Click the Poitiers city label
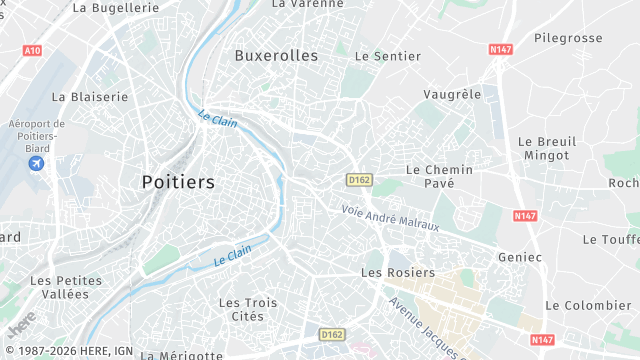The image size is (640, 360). click(x=178, y=182)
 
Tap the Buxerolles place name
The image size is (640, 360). click(x=276, y=56)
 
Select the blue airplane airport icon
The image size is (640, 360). click(x=37, y=163)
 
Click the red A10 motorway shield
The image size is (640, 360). click(x=32, y=50)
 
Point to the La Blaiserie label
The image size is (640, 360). click(x=90, y=97)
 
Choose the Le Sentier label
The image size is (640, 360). click(x=388, y=56)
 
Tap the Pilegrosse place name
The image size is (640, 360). click(x=568, y=38)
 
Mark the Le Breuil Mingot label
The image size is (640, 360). click(x=546, y=149)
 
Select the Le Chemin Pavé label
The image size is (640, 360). click(x=439, y=177)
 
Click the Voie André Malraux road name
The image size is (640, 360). click(x=390, y=217)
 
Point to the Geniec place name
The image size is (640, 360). click(x=520, y=257)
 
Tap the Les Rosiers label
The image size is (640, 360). click(x=398, y=272)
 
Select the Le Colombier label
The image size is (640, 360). click(x=588, y=305)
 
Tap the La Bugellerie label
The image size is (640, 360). click(x=116, y=7)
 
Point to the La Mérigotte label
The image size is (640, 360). click(x=182, y=354)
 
